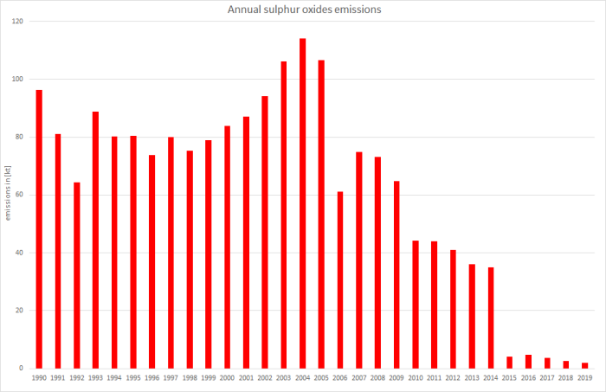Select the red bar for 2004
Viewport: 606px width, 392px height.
[x=302, y=203]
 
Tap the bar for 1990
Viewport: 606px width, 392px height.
[x=39, y=229]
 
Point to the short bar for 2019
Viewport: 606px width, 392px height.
[x=585, y=365]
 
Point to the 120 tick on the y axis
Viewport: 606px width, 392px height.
[x=17, y=22]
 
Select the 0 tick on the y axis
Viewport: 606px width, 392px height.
[x=22, y=369]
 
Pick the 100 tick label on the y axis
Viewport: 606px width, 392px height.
[x=17, y=80]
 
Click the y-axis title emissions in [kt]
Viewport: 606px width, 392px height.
[x=8, y=195]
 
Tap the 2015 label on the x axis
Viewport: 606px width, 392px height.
[x=510, y=379]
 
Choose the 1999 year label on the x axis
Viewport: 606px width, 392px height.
[x=209, y=379]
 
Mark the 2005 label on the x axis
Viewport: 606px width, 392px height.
[x=321, y=379]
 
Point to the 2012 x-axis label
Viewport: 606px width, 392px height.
[x=453, y=379]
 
